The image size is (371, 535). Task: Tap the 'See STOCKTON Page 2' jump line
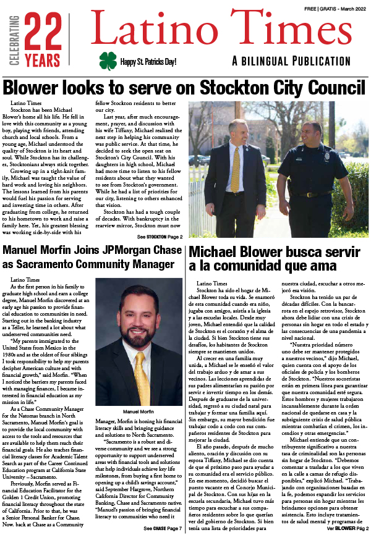click(160, 237)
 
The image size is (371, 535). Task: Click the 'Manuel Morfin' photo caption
click(139, 410)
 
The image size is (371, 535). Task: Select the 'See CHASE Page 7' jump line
click(163, 528)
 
